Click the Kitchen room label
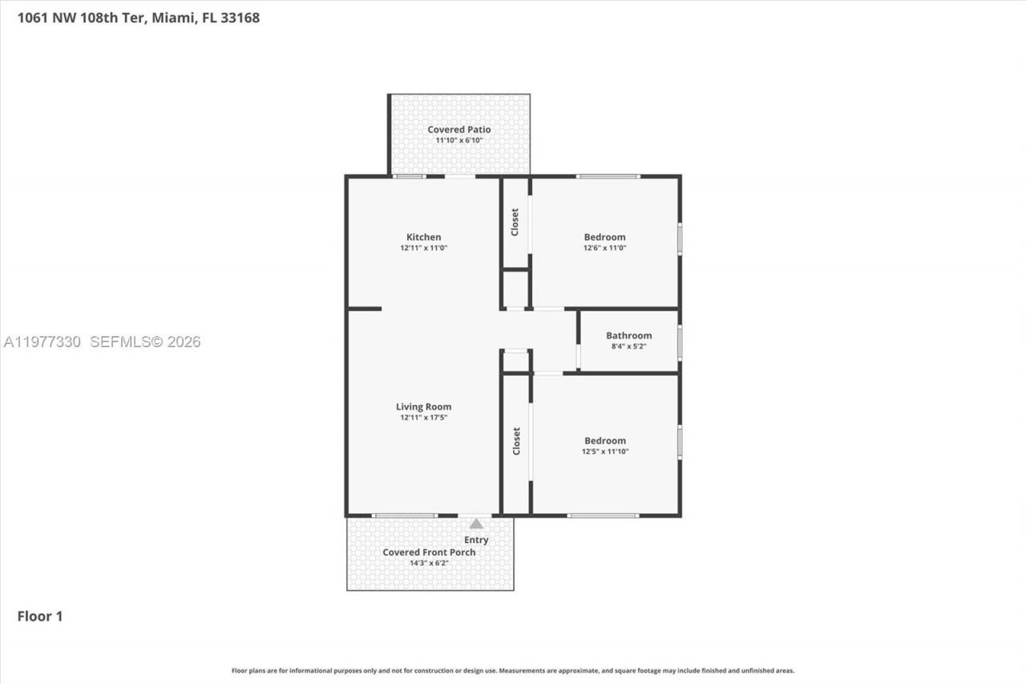[x=423, y=237]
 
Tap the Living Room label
[x=423, y=407]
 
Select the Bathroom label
[x=628, y=335]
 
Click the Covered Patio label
[x=458, y=129]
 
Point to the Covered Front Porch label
[x=429, y=552]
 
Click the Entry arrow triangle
[x=476, y=524]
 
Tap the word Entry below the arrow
[x=476, y=540]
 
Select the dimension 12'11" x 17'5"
[x=423, y=418]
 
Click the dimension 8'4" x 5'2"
[x=628, y=346]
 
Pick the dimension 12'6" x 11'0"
[x=604, y=248]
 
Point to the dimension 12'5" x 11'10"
[x=604, y=451]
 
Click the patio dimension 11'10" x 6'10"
[x=458, y=140]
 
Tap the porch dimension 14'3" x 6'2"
[x=429, y=563]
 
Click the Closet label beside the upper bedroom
[x=515, y=222]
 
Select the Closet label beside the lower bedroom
[x=516, y=441]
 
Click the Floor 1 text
[x=40, y=616]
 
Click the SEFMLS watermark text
[x=145, y=342]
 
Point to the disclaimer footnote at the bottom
[x=513, y=670]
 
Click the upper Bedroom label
[x=604, y=237]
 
